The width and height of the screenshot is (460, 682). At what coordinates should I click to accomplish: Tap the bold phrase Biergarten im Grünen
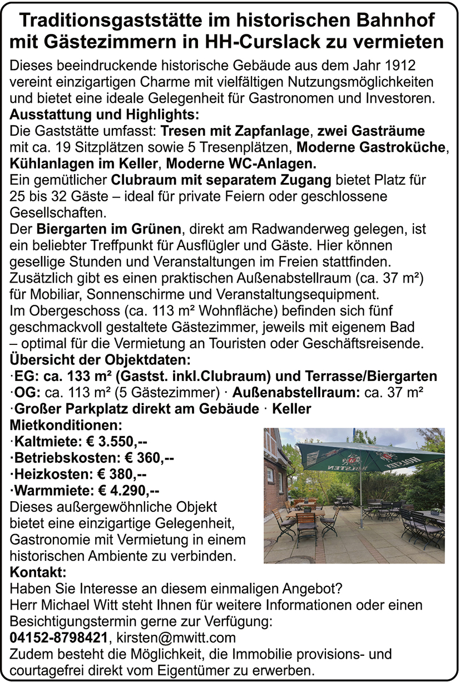coord(109,229)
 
